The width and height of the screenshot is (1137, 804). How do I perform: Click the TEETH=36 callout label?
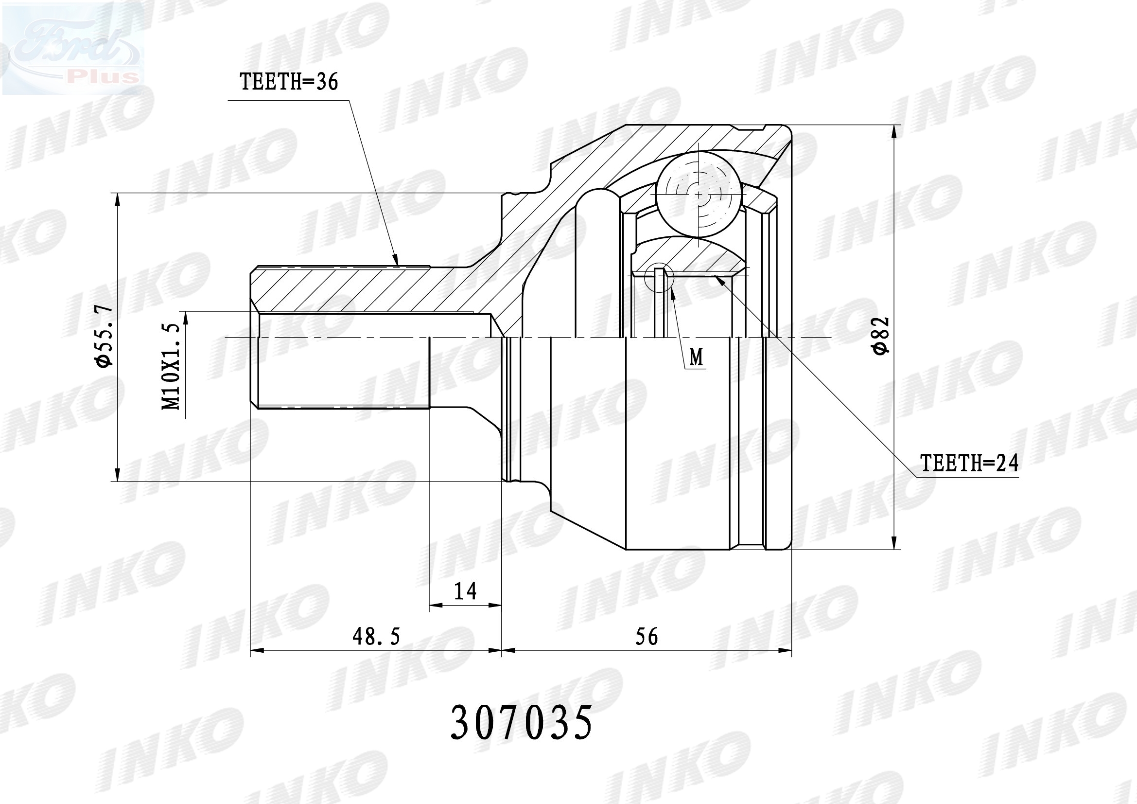289,82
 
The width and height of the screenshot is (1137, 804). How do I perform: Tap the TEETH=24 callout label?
969,463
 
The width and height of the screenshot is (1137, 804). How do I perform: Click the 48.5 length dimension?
376,637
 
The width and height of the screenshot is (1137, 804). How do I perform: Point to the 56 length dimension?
647,637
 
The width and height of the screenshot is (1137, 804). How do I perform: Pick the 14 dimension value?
465,590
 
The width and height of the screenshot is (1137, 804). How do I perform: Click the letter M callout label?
697,357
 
